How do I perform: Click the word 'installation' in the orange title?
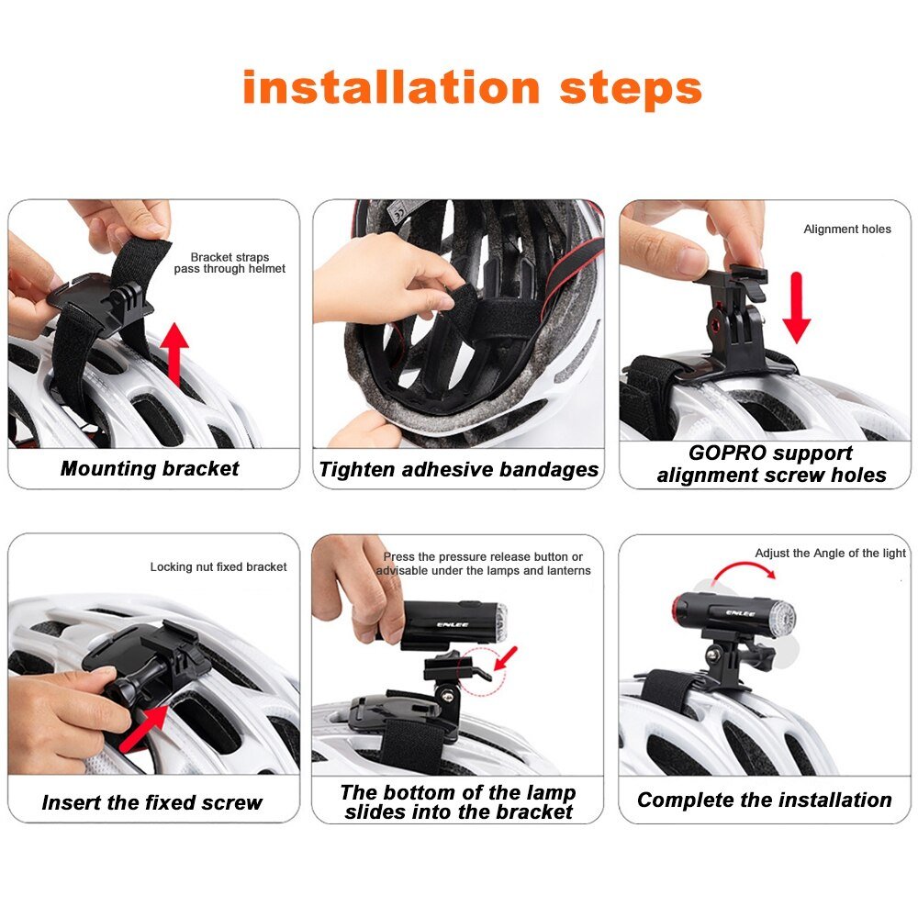click(x=391, y=87)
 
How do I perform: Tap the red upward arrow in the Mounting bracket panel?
click(x=175, y=353)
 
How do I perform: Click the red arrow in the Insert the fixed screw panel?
click(x=143, y=728)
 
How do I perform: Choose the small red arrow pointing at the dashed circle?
click(x=506, y=658)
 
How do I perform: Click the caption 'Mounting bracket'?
click(x=150, y=468)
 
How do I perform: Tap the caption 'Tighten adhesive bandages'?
click(x=458, y=469)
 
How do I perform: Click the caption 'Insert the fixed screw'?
click(x=152, y=802)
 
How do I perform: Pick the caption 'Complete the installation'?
click(x=765, y=800)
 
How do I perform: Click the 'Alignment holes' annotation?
click(x=847, y=229)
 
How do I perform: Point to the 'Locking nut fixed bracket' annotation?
click(x=218, y=566)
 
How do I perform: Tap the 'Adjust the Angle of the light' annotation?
click(x=830, y=553)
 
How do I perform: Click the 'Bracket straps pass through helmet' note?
click(x=229, y=263)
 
